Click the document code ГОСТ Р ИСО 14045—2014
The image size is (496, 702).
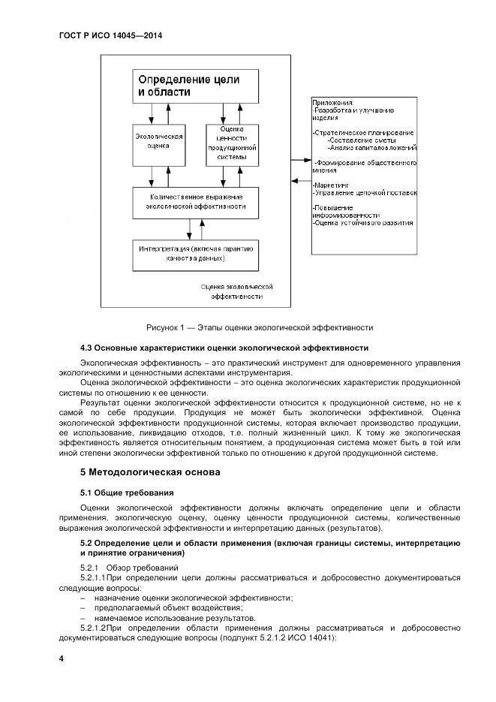coord(110,36)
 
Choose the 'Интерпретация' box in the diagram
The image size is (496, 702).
coord(196,254)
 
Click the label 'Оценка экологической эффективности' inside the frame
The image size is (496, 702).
coord(236,291)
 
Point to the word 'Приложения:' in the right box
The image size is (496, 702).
coord(334,102)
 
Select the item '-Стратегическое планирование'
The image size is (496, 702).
coord(363,133)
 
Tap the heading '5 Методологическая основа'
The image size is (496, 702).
coord(150,472)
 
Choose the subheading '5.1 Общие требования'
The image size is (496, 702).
coord(127,493)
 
